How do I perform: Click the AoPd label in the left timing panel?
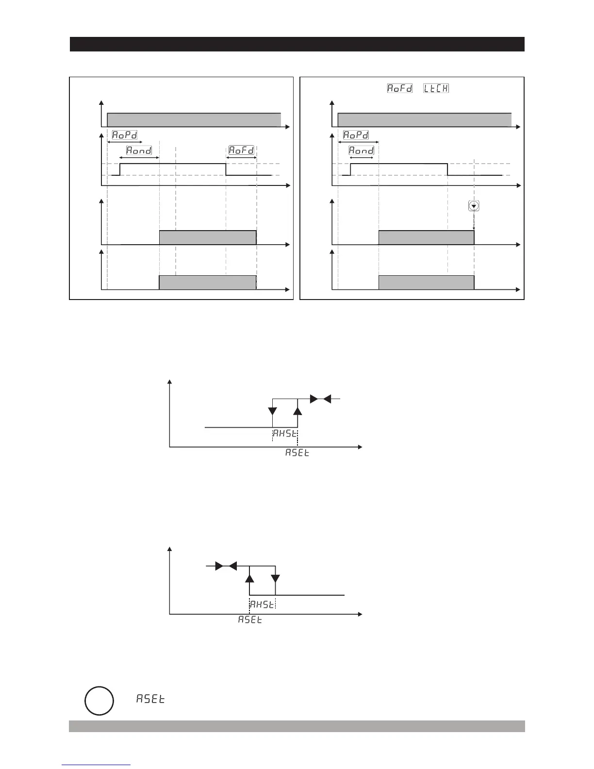pyautogui.click(x=125, y=135)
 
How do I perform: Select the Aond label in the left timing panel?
pyautogui.click(x=139, y=150)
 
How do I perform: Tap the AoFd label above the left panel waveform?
pyautogui.click(x=242, y=150)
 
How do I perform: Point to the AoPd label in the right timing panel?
pyautogui.click(x=356, y=135)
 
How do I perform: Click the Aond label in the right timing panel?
pyautogui.click(x=362, y=150)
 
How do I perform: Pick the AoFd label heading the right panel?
pyautogui.click(x=399, y=88)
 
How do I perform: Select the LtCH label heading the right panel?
pyautogui.click(x=436, y=88)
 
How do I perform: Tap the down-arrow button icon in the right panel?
pyautogui.click(x=474, y=206)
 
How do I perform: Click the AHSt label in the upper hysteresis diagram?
pyautogui.click(x=284, y=434)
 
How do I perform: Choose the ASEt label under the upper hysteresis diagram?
pyautogui.click(x=297, y=453)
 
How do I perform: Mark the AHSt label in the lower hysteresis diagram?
pyautogui.click(x=262, y=604)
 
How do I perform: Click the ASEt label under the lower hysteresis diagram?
pyautogui.click(x=250, y=620)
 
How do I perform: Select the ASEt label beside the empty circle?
pyautogui.click(x=150, y=699)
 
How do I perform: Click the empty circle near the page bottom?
pyautogui.click(x=99, y=701)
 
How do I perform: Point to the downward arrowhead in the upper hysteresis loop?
pyautogui.click(x=273, y=410)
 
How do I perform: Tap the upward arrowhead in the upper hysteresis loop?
pyautogui.click(x=298, y=410)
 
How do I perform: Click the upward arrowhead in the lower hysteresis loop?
pyautogui.click(x=250, y=578)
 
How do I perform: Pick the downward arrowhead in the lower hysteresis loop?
pyautogui.click(x=275, y=579)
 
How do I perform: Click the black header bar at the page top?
pyautogui.click(x=297, y=44)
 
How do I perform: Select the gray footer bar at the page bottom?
pyautogui.click(x=297, y=726)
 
